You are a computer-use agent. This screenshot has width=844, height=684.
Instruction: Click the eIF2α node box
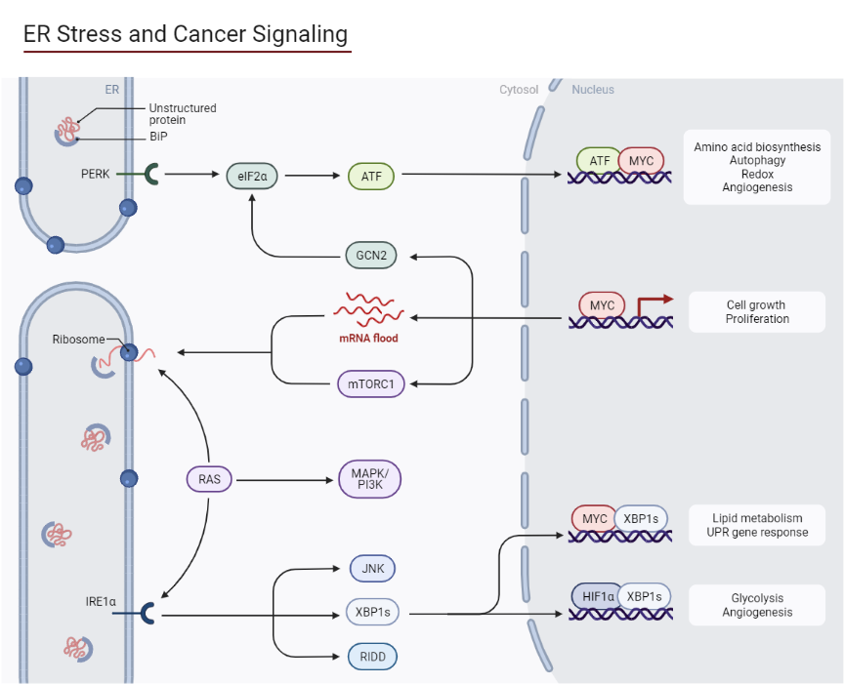tap(252, 176)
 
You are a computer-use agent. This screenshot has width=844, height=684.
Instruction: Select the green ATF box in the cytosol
tap(370, 176)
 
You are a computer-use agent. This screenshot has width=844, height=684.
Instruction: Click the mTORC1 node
tap(370, 383)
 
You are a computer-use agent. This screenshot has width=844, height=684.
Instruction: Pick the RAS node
tap(209, 479)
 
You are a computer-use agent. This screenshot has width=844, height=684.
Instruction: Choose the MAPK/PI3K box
tap(368, 479)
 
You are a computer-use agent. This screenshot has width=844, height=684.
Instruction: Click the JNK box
tap(372, 569)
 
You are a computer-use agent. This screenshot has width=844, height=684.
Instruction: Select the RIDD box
tap(372, 657)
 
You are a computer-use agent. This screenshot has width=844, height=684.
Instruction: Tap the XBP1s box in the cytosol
tap(372, 613)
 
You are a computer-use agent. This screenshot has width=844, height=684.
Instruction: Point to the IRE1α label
tap(101, 602)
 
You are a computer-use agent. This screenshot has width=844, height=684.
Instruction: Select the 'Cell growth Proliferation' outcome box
tap(756, 312)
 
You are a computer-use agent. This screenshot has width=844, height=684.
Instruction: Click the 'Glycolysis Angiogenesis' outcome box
tap(756, 606)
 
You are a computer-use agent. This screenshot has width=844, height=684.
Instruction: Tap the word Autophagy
tap(757, 160)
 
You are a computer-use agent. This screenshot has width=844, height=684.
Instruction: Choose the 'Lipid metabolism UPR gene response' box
tap(756, 525)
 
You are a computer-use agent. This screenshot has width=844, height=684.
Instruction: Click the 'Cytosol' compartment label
tap(519, 90)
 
